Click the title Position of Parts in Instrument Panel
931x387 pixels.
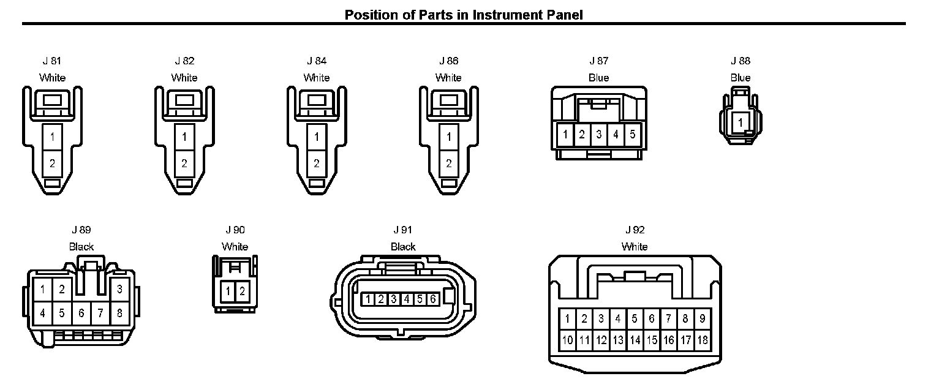pos(464,14)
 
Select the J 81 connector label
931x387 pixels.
pos(52,61)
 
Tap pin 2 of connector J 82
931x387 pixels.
pos(184,163)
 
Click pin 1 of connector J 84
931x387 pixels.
pos(317,137)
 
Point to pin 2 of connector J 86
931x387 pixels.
pos(449,163)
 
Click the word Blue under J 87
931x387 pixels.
pos(598,78)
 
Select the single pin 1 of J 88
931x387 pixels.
pos(741,122)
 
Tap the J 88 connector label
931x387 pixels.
pos(741,61)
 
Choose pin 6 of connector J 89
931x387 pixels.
pos(81,313)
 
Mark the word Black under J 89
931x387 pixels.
pos(81,247)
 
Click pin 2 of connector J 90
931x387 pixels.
pos(243,291)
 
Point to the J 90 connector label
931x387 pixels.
pos(235,230)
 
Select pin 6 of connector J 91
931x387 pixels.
pos(432,299)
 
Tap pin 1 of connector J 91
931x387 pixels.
pos(368,299)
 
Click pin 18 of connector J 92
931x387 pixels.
pos(702,340)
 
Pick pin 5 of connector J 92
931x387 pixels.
pos(635,318)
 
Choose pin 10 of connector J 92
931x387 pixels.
pos(568,340)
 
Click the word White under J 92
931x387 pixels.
pos(635,247)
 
